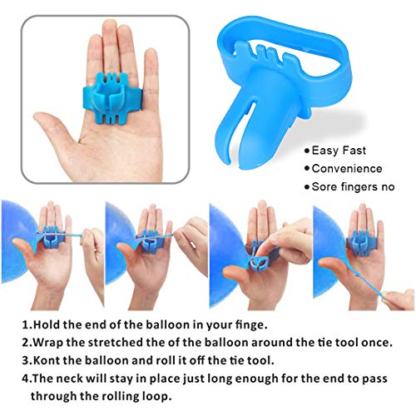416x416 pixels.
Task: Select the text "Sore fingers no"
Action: [352, 188]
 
